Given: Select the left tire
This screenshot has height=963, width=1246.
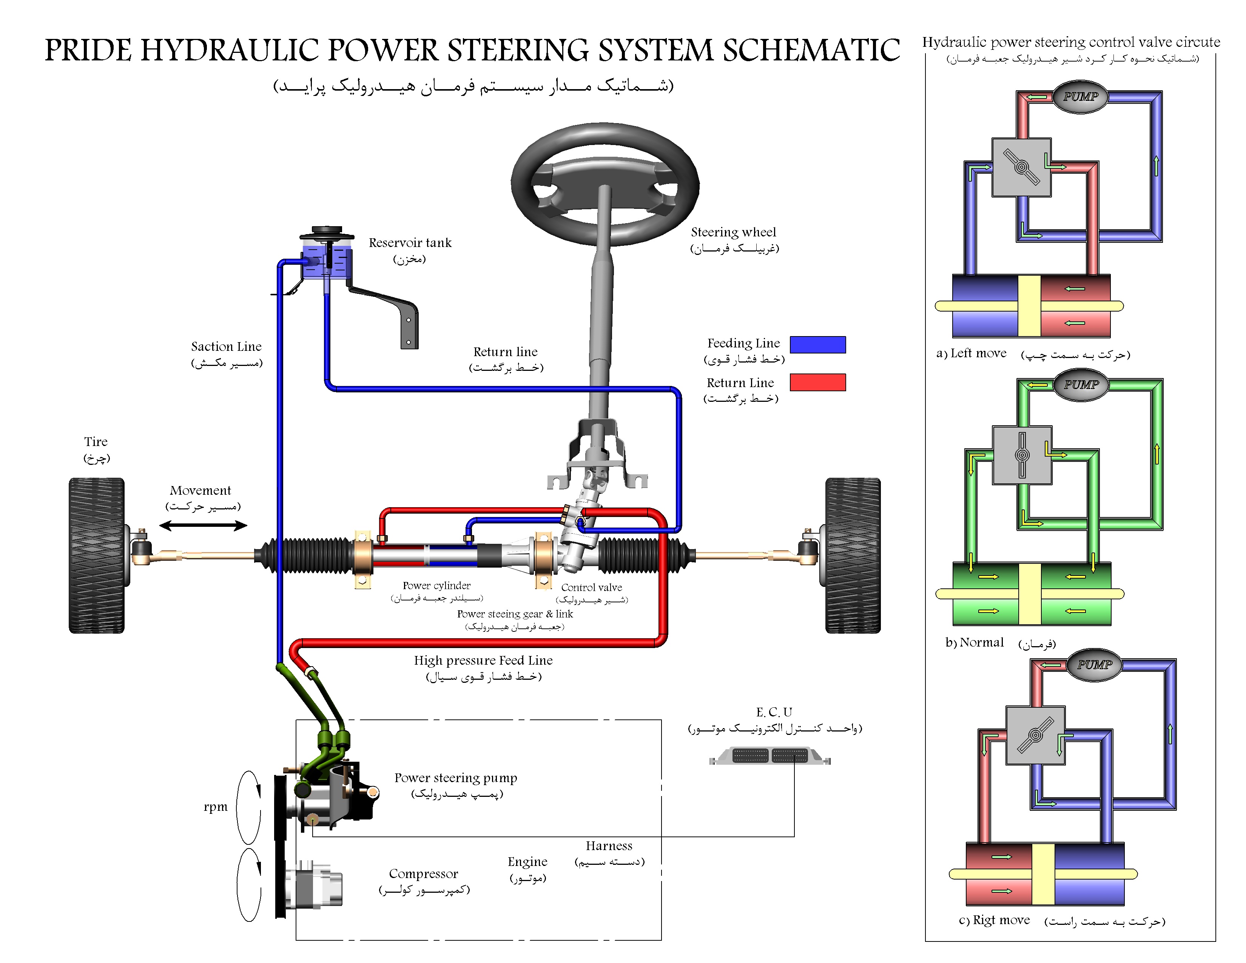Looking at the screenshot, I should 96,555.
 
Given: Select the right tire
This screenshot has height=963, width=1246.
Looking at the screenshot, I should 853,555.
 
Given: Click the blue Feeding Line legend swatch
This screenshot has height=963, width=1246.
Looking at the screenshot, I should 817,344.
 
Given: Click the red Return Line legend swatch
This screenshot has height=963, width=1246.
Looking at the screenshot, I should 817,382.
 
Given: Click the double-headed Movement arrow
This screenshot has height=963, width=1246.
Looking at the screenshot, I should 203,525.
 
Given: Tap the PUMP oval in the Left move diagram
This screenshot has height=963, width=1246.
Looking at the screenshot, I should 1080,96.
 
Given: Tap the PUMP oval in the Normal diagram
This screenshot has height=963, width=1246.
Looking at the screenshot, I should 1081,384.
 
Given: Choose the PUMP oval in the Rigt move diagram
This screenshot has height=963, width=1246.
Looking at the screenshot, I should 1094,665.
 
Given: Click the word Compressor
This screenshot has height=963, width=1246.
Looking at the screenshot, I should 423,873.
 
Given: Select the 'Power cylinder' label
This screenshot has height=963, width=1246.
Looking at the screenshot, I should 436,585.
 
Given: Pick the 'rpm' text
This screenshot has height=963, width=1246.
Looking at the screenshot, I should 215,807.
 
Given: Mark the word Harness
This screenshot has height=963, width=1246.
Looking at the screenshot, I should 609,846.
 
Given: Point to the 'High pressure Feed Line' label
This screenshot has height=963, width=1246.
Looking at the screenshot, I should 483,660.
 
